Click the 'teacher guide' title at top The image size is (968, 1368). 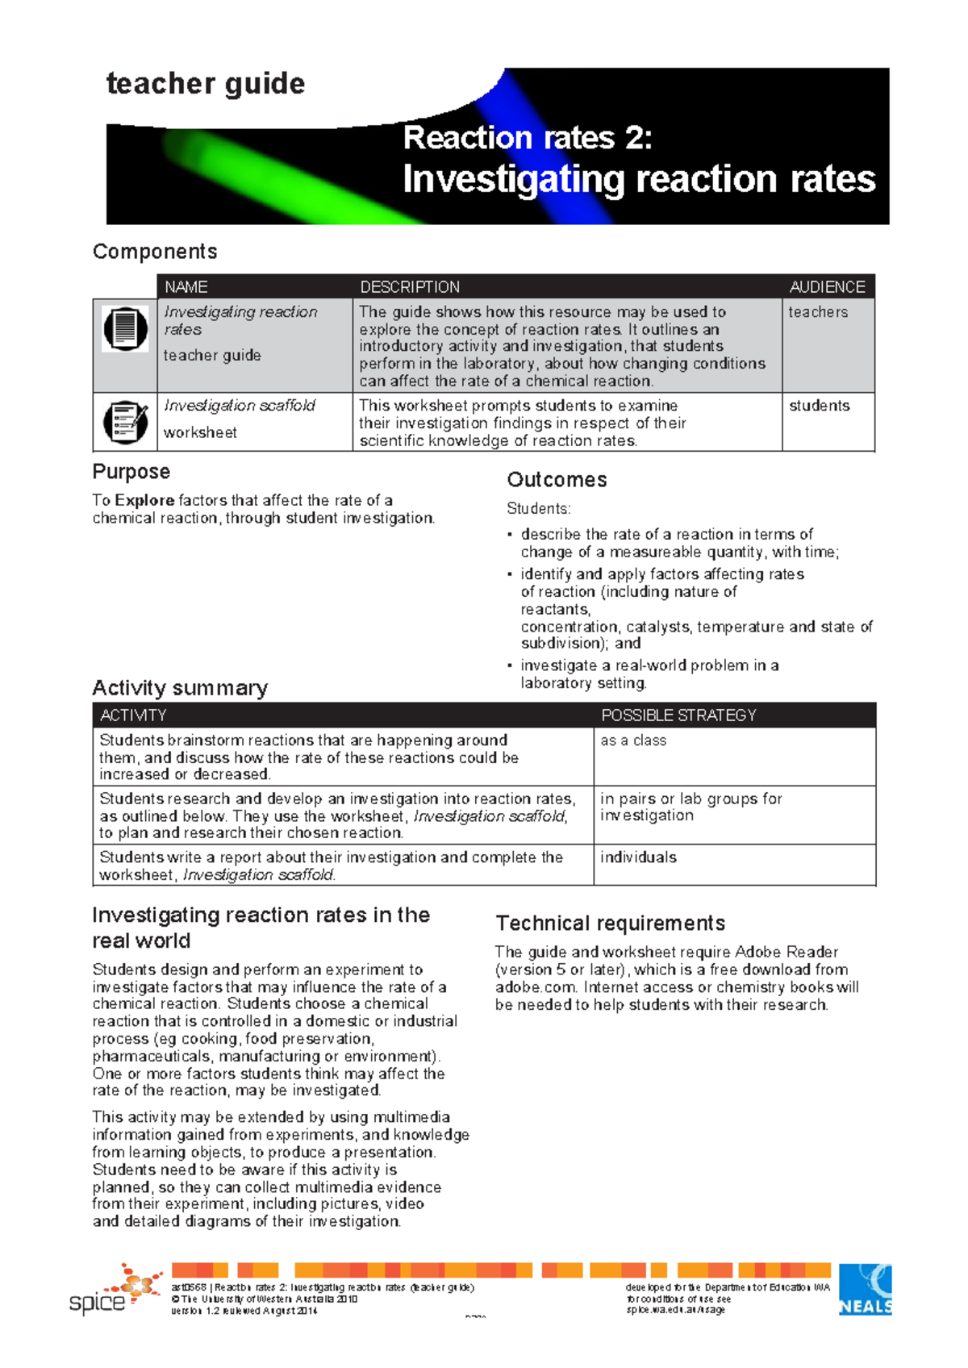(x=206, y=84)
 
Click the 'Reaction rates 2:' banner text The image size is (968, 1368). (x=528, y=138)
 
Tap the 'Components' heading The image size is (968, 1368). (x=155, y=252)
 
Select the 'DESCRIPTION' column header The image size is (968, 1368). (x=410, y=287)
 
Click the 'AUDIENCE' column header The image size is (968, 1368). (x=827, y=287)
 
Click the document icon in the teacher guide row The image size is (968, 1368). (x=125, y=329)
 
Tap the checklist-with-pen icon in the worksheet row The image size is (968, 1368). (x=125, y=422)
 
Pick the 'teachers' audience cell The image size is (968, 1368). (x=818, y=312)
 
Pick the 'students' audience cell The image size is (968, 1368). (x=819, y=406)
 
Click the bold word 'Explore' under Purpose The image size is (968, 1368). (x=144, y=500)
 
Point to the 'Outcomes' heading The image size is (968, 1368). (x=557, y=480)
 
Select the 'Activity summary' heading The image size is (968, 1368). (x=180, y=688)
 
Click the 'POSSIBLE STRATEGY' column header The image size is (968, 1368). (x=678, y=715)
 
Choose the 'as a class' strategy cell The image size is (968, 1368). (x=633, y=740)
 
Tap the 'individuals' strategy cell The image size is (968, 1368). (x=638, y=857)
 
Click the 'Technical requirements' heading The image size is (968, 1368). (x=611, y=924)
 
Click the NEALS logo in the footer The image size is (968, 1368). (x=865, y=1290)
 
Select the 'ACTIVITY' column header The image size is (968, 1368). (x=133, y=715)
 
